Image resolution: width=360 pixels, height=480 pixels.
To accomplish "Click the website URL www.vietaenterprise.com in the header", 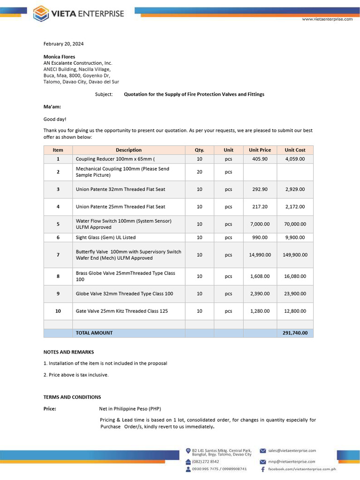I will click(327, 19).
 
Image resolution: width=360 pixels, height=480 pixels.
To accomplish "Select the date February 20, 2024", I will click(63, 44).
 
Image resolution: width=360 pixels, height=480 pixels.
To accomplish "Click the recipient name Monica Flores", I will click(59, 57).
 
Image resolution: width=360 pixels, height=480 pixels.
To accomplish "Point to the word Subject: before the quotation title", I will click(104, 94).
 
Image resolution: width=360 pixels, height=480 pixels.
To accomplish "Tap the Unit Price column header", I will click(260, 150).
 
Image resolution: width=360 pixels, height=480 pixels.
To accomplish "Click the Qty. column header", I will click(199, 150).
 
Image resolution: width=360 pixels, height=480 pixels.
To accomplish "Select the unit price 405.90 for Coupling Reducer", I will click(260, 159).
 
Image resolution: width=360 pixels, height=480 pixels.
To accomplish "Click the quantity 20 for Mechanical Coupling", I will click(199, 172).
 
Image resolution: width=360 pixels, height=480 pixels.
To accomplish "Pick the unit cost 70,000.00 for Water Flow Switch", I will click(295, 224).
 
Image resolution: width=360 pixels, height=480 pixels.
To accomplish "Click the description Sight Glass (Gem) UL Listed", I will click(105, 238).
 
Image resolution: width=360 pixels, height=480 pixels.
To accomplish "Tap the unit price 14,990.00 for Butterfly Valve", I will click(260, 255).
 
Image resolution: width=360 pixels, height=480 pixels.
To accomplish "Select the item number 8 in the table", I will click(58, 276).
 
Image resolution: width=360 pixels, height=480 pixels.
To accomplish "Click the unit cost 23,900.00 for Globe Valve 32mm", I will click(295, 293).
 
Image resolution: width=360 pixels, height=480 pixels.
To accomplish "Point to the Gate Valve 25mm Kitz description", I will click(121, 311).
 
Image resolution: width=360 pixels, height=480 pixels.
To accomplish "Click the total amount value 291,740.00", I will click(295, 333).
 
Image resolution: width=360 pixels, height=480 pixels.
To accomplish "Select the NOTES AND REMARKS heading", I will click(68, 352).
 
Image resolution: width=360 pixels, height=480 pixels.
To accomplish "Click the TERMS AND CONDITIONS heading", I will click(72, 397).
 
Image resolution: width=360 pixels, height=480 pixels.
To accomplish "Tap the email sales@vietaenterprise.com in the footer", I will click(292, 450).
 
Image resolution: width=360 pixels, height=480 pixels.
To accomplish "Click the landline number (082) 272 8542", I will click(205, 462).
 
